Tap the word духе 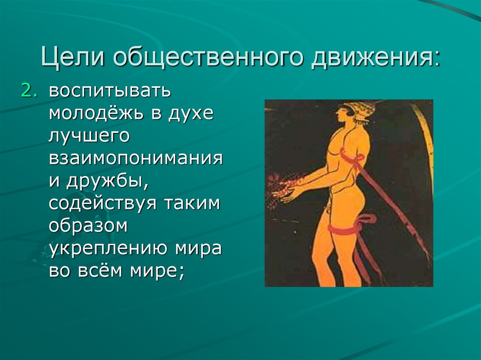(x=193, y=114)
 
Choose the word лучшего (x=89, y=136)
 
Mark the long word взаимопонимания (x=135, y=159)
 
